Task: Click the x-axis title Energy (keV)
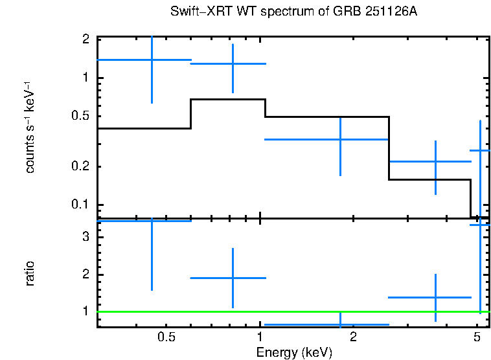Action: (x=294, y=353)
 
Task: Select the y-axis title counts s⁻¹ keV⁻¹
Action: (x=30, y=128)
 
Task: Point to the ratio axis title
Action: (x=30, y=273)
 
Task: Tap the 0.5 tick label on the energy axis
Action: (x=166, y=337)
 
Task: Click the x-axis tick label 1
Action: (x=260, y=337)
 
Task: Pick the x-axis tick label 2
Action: (x=353, y=337)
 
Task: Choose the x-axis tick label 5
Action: (x=477, y=337)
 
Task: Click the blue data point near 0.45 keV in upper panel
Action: (x=152, y=60)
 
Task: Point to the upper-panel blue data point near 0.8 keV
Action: (x=233, y=63)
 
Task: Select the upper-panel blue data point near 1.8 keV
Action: (x=341, y=139)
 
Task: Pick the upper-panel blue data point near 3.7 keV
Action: (x=435, y=161)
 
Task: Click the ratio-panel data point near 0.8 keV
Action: (x=233, y=278)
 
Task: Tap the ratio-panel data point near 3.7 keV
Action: (x=435, y=297)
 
